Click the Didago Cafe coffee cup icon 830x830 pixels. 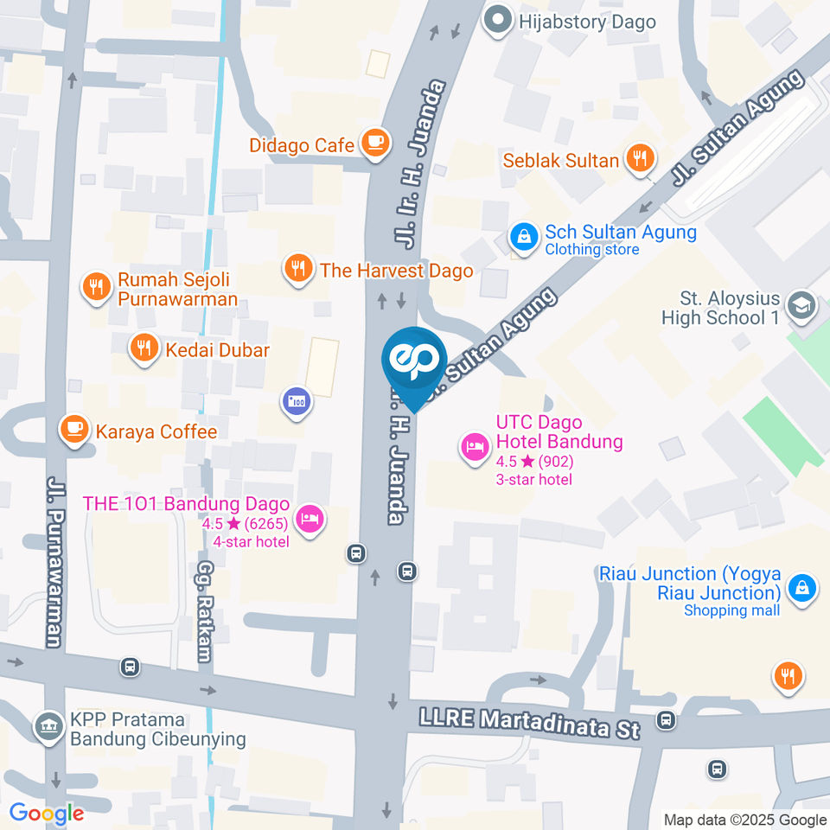(x=373, y=143)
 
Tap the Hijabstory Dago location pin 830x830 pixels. (x=497, y=21)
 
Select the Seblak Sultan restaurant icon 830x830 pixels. (x=639, y=159)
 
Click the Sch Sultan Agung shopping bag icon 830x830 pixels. (x=522, y=235)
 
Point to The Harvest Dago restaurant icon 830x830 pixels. (x=298, y=269)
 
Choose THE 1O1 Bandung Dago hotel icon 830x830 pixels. (x=310, y=518)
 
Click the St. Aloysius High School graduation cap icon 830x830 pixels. (x=801, y=305)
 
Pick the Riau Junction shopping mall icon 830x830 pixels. (x=802, y=588)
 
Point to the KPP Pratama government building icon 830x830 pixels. (x=48, y=727)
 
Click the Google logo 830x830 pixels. (x=47, y=813)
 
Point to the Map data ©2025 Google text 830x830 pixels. (x=745, y=820)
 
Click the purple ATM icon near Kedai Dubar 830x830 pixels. (x=297, y=401)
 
